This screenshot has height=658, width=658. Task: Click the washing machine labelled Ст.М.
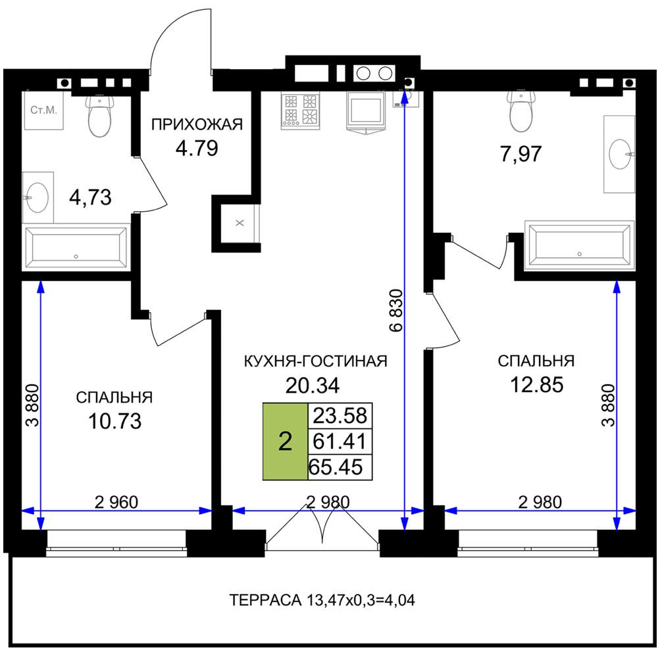point(43,110)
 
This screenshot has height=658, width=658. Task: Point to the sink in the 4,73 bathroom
point(38,197)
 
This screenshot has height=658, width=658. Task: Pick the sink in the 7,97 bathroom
point(619,154)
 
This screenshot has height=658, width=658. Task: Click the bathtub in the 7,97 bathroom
point(579,246)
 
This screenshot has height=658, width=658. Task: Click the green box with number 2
point(286,441)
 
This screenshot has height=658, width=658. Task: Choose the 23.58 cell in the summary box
point(340,415)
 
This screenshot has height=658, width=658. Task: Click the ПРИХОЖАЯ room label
point(197,124)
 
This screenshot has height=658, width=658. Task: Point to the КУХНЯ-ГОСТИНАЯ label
point(316,361)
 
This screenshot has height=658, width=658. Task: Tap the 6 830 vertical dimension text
point(396,311)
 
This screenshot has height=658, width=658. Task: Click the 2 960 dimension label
point(116,502)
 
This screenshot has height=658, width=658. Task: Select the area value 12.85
point(537,384)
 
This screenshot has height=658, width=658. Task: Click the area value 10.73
point(115,421)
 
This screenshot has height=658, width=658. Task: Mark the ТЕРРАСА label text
point(265,600)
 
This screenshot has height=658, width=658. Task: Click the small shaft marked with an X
point(240,223)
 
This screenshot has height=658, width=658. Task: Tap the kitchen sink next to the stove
point(365,111)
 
